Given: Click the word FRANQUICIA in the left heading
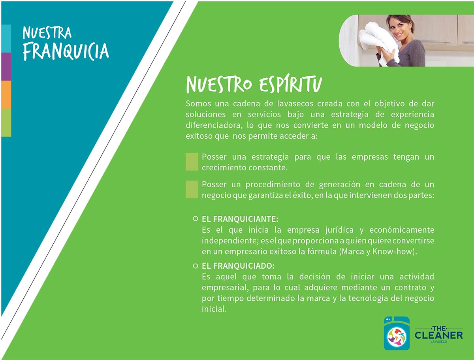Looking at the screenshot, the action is click(x=66, y=51).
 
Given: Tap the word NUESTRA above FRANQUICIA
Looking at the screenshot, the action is click(x=47, y=33).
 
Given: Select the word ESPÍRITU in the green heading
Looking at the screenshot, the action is click(x=290, y=84).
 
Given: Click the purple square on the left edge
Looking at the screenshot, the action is click(x=6, y=66).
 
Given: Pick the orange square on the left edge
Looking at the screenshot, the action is click(x=6, y=94).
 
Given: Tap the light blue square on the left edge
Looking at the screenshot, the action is click(x=6, y=38).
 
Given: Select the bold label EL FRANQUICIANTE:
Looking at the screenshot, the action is click(x=240, y=219).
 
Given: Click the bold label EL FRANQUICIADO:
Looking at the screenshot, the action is click(x=238, y=266).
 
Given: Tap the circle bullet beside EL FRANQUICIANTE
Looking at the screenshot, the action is click(x=196, y=219).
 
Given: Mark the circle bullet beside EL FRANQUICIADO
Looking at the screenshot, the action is click(x=196, y=266).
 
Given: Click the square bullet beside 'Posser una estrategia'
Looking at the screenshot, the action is click(x=192, y=162).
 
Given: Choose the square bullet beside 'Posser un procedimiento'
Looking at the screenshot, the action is click(x=192, y=189).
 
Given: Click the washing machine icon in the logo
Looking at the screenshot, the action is click(x=397, y=333).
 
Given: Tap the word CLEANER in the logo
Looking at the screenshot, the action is click(x=438, y=335).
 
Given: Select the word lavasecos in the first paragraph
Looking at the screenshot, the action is click(x=295, y=104).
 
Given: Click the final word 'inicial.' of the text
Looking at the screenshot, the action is click(x=214, y=309).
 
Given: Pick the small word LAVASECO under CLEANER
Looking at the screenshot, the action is click(x=439, y=342).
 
